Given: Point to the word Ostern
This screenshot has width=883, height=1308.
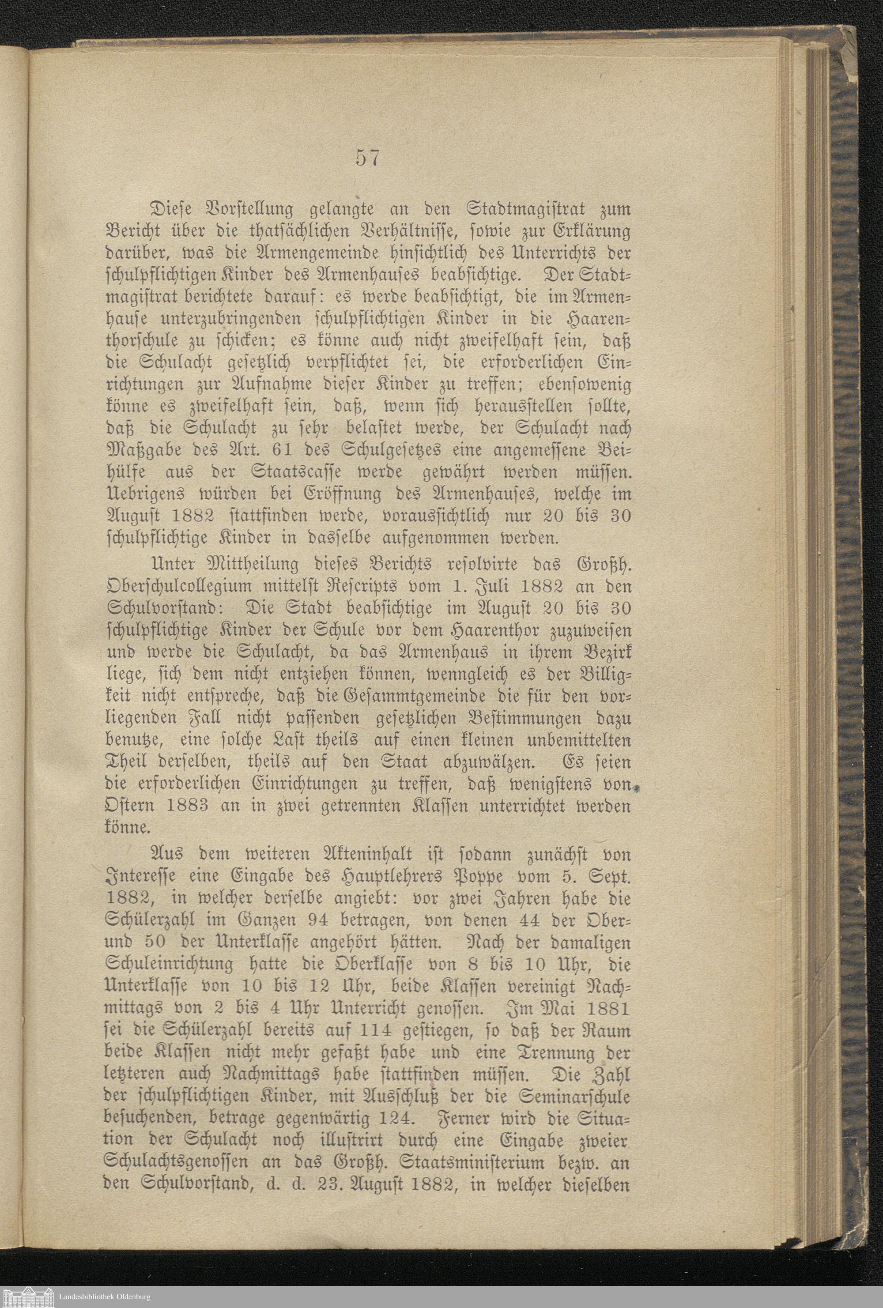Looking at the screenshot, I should [130, 790].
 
